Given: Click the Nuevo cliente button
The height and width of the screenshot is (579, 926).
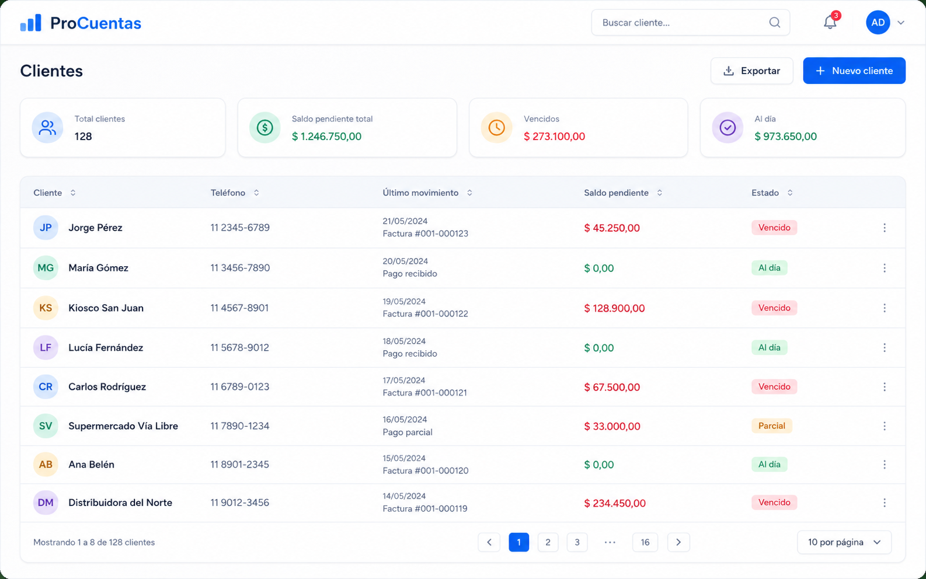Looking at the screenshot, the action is [854, 71].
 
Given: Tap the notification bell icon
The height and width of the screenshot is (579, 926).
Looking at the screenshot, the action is [830, 22].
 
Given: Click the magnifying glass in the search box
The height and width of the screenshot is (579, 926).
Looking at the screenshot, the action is [775, 22].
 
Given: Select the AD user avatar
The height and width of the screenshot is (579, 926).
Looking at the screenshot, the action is [878, 22].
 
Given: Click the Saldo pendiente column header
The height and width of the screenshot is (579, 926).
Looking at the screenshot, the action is [616, 193].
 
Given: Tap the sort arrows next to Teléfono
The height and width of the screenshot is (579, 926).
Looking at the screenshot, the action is [256, 193].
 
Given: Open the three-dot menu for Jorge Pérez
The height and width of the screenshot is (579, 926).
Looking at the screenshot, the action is [884, 228].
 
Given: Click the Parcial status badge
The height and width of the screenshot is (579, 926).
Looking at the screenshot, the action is [771, 425].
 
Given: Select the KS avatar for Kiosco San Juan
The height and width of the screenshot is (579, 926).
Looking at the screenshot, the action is [46, 308].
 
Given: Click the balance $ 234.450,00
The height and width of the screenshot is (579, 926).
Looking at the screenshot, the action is [615, 503].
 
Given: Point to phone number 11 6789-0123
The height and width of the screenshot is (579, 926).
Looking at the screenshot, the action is [240, 387].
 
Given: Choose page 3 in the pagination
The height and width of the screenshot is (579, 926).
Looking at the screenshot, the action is [577, 542].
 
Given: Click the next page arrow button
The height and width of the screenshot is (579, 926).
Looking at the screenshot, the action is [678, 542].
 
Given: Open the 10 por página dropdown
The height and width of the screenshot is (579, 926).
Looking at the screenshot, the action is [844, 542].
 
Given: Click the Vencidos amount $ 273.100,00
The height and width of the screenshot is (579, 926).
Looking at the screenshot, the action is [554, 137].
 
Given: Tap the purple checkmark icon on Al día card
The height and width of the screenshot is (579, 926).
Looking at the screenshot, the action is [727, 127].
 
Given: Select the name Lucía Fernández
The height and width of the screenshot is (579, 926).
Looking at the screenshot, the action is [106, 347].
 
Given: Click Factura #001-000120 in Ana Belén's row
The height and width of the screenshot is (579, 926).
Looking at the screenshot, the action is [426, 470].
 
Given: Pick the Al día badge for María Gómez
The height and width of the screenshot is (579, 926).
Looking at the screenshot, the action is [770, 268].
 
